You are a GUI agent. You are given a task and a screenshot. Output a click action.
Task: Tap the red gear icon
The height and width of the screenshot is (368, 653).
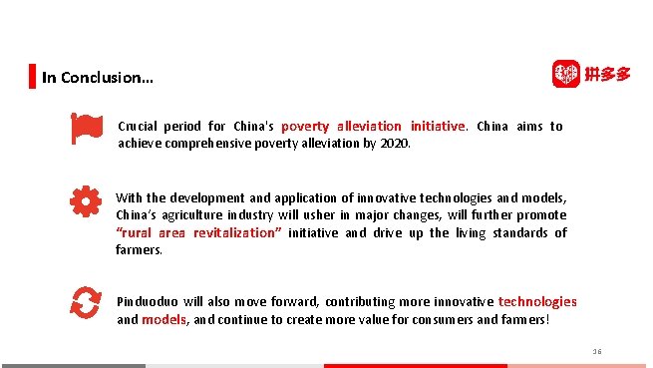tap(86, 202)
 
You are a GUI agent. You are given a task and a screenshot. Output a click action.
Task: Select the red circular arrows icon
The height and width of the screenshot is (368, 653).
tap(86, 301)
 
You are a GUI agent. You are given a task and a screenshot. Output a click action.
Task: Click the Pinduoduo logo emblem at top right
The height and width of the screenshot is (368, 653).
tap(566, 74)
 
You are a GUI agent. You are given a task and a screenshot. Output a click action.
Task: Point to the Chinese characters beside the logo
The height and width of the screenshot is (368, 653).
tap(608, 74)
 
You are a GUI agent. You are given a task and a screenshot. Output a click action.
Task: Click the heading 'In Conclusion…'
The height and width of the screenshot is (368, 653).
tap(98, 78)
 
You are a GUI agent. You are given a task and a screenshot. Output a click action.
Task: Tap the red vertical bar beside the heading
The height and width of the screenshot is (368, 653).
tap(32, 77)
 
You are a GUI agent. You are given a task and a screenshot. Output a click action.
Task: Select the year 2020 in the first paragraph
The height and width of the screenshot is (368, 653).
tap(395, 143)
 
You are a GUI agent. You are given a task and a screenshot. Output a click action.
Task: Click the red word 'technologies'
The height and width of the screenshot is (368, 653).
tap(537, 301)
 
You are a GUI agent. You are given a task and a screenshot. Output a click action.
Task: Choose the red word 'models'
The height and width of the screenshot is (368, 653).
tap(163, 320)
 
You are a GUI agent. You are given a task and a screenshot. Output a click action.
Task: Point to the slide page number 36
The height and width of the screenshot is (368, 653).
tap(597, 351)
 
